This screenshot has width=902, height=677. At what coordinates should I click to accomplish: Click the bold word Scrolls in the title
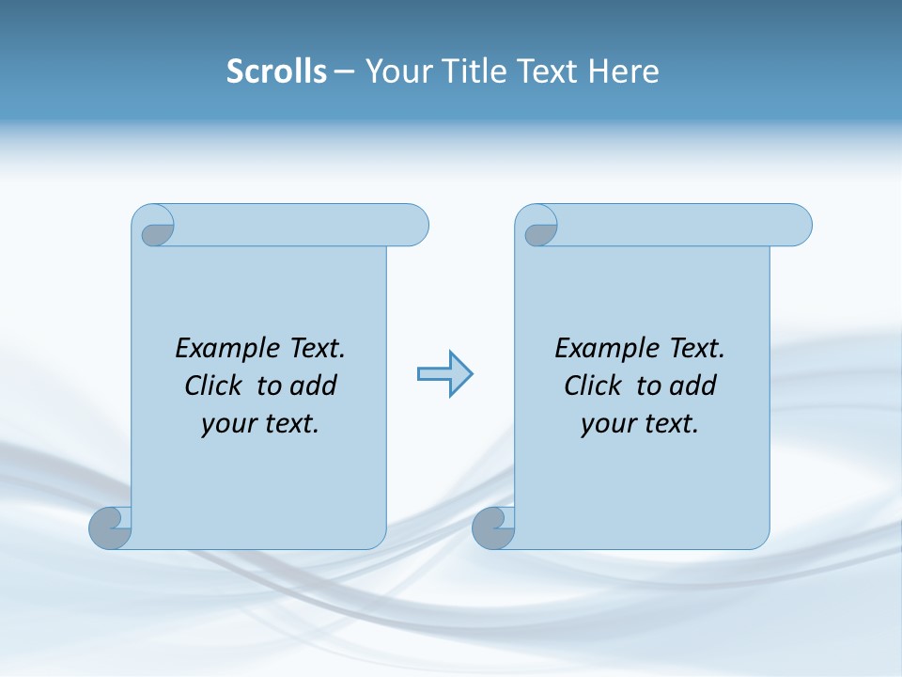click(276, 71)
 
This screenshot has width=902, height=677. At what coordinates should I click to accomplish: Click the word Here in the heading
click(624, 71)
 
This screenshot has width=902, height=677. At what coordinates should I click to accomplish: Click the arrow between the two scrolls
click(444, 374)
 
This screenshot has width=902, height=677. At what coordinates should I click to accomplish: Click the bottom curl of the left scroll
click(111, 528)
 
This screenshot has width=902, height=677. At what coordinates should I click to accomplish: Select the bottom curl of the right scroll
click(494, 528)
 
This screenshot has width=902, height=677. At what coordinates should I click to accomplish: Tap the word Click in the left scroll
click(215, 386)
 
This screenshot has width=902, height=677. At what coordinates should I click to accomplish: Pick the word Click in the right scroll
click(594, 386)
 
